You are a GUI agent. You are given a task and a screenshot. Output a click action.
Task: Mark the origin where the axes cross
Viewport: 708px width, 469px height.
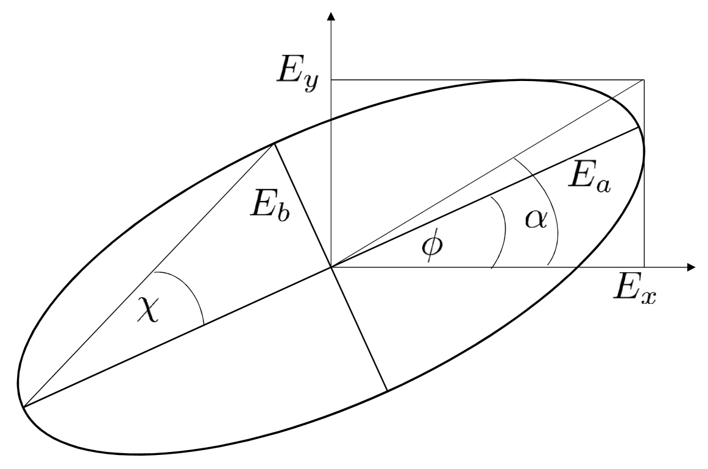pos(331,267)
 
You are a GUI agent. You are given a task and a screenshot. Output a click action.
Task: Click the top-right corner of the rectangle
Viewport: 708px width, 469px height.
pos(644,80)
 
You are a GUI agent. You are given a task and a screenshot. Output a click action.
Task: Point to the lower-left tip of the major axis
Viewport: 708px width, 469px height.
pos(23,405)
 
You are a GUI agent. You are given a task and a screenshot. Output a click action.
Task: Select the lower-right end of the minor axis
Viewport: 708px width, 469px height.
pos(388,390)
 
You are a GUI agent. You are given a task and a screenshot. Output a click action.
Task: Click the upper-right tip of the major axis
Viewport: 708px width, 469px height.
pos(639,128)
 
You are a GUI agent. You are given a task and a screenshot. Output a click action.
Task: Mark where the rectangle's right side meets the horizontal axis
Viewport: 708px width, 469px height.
pos(644,267)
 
